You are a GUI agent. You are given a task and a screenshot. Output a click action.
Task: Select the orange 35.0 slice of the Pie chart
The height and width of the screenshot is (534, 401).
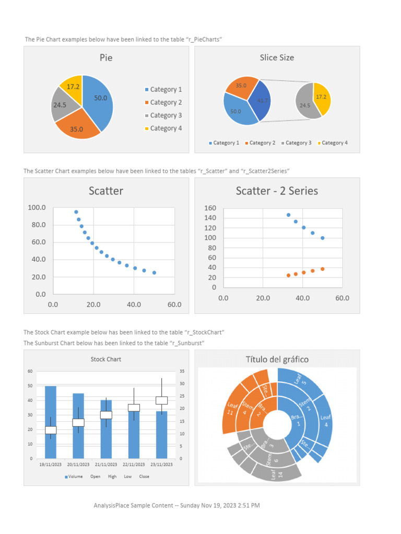point(76,127)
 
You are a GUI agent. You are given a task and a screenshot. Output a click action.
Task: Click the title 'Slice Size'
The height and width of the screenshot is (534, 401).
point(277,57)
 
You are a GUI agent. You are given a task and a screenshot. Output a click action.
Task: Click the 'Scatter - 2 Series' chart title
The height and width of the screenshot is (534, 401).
point(277,191)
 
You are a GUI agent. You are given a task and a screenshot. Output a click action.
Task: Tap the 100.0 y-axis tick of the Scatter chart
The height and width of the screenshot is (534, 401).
point(37,208)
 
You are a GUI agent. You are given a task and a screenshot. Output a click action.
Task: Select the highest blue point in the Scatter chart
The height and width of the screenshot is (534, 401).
point(76,212)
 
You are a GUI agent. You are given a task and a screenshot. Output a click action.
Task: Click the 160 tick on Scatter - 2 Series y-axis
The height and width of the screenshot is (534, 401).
point(210,208)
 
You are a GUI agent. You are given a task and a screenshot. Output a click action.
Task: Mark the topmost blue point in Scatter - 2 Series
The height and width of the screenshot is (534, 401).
point(288,215)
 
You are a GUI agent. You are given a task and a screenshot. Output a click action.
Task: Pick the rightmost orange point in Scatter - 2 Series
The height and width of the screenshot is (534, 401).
point(322,269)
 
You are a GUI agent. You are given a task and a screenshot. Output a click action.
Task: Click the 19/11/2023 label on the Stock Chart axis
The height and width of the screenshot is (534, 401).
point(51,464)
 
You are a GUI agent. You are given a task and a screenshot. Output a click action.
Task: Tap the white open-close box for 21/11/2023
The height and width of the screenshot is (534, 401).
point(106,415)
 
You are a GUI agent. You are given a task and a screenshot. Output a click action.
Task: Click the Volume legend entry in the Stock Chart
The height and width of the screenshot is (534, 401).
point(74,477)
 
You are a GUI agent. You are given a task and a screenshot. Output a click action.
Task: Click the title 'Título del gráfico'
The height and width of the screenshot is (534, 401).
point(277,359)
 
